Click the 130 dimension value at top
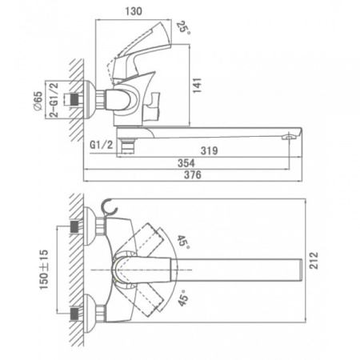tap(134, 11)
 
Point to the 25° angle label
tap(183, 27)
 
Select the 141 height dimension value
tap(197, 86)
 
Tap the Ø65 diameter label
tap(38, 100)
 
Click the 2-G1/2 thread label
tap(54, 100)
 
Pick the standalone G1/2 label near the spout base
tap(102, 145)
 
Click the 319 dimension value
tap(209, 150)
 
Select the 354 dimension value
tap(186, 163)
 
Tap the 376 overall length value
tap(193, 175)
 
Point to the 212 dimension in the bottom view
tap(314, 260)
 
